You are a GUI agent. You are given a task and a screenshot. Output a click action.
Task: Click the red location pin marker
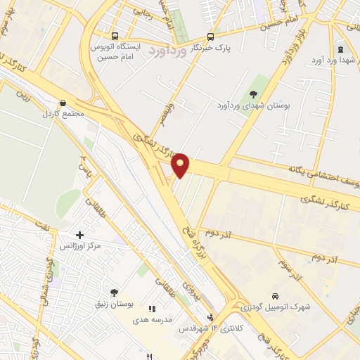click(x=181, y=165)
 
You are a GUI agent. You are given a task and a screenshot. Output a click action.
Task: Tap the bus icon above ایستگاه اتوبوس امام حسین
click(x=115, y=36)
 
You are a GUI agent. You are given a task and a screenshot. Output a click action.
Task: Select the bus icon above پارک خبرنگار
click(x=210, y=37)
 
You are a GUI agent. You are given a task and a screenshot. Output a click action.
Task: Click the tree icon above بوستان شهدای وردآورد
click(x=253, y=94)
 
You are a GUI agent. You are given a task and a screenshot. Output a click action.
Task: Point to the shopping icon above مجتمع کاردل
click(x=63, y=102)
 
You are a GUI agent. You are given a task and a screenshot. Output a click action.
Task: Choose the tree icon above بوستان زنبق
click(x=114, y=292)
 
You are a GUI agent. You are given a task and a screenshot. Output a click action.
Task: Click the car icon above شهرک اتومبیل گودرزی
click(x=275, y=296)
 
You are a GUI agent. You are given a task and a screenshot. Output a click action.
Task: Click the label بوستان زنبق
click(x=112, y=304)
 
